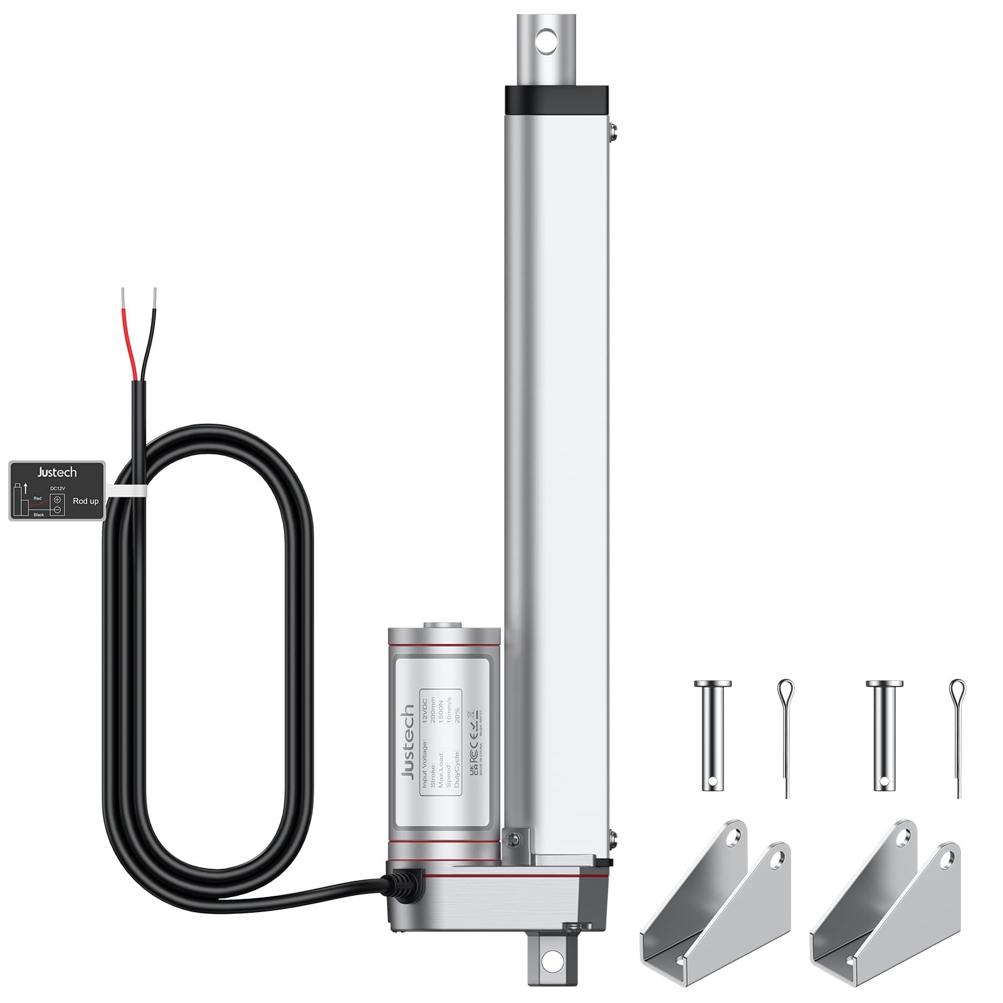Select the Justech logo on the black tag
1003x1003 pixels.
coord(57,472)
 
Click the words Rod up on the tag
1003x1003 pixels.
coord(86,501)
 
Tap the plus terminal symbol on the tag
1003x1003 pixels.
coord(57,500)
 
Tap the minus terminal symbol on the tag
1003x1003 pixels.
coord(57,510)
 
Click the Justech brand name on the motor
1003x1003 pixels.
coord(407,742)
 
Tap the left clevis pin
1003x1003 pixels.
coord(712,735)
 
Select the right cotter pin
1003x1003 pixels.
coord(957,737)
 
